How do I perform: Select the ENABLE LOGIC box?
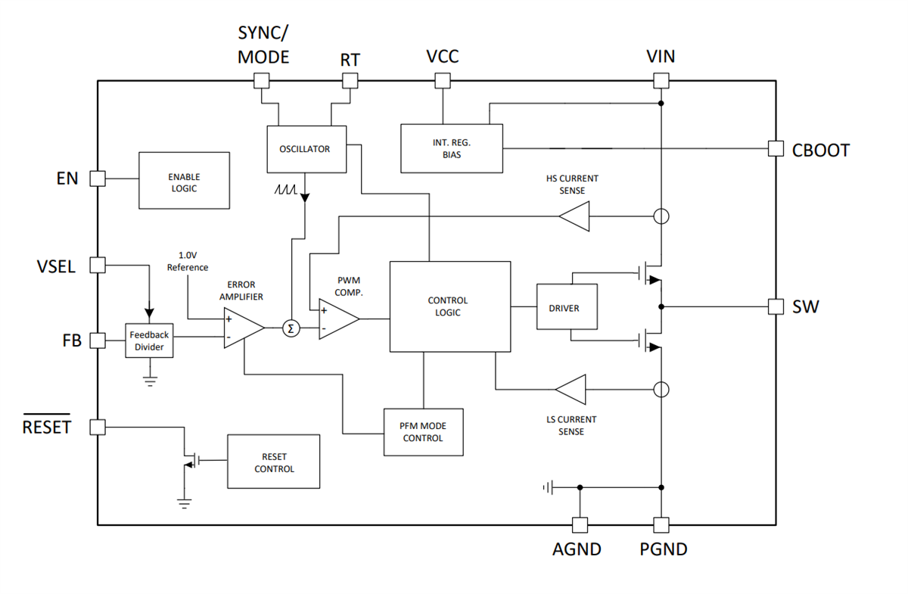[x=184, y=181]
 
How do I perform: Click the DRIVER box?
[x=567, y=307]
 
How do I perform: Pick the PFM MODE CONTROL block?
[x=423, y=432]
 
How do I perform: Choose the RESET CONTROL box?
[x=274, y=462]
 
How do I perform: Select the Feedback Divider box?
[x=149, y=341]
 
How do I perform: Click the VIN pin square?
[x=661, y=80]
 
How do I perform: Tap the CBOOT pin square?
[x=776, y=149]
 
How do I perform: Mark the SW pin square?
[x=776, y=306]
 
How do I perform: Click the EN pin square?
[x=98, y=179]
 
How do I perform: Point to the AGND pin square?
[x=580, y=524]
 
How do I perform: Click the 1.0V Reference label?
[x=188, y=261]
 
